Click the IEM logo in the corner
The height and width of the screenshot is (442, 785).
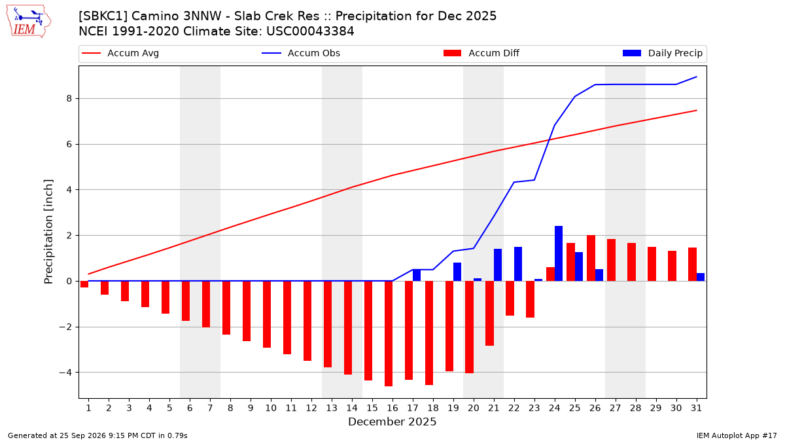[x=28, y=22]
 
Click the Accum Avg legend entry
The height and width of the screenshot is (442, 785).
[x=120, y=53]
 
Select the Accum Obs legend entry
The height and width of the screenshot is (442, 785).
[x=301, y=53]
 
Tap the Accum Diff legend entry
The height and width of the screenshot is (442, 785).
[x=481, y=53]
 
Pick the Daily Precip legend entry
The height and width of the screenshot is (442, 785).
[x=662, y=53]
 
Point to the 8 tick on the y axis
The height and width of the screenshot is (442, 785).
[x=69, y=99]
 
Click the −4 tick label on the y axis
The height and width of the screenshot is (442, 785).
[x=65, y=372]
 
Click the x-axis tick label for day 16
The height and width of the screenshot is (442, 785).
[x=392, y=408]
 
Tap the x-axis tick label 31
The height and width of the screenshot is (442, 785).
[x=696, y=408]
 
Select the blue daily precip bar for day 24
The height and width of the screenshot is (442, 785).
[x=559, y=253]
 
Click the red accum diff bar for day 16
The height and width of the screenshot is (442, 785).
[x=389, y=333]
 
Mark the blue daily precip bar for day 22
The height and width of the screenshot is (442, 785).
[x=518, y=264]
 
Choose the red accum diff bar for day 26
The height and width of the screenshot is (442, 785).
[x=591, y=258]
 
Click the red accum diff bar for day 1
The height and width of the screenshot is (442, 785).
[x=84, y=284]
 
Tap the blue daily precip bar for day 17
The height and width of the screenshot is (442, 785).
[x=417, y=276]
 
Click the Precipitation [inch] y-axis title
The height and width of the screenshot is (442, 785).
[x=48, y=232]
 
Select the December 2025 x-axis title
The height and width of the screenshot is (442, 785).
[x=392, y=422]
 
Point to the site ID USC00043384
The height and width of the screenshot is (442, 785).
[x=310, y=31]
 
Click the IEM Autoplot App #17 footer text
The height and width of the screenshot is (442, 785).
[x=737, y=435]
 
